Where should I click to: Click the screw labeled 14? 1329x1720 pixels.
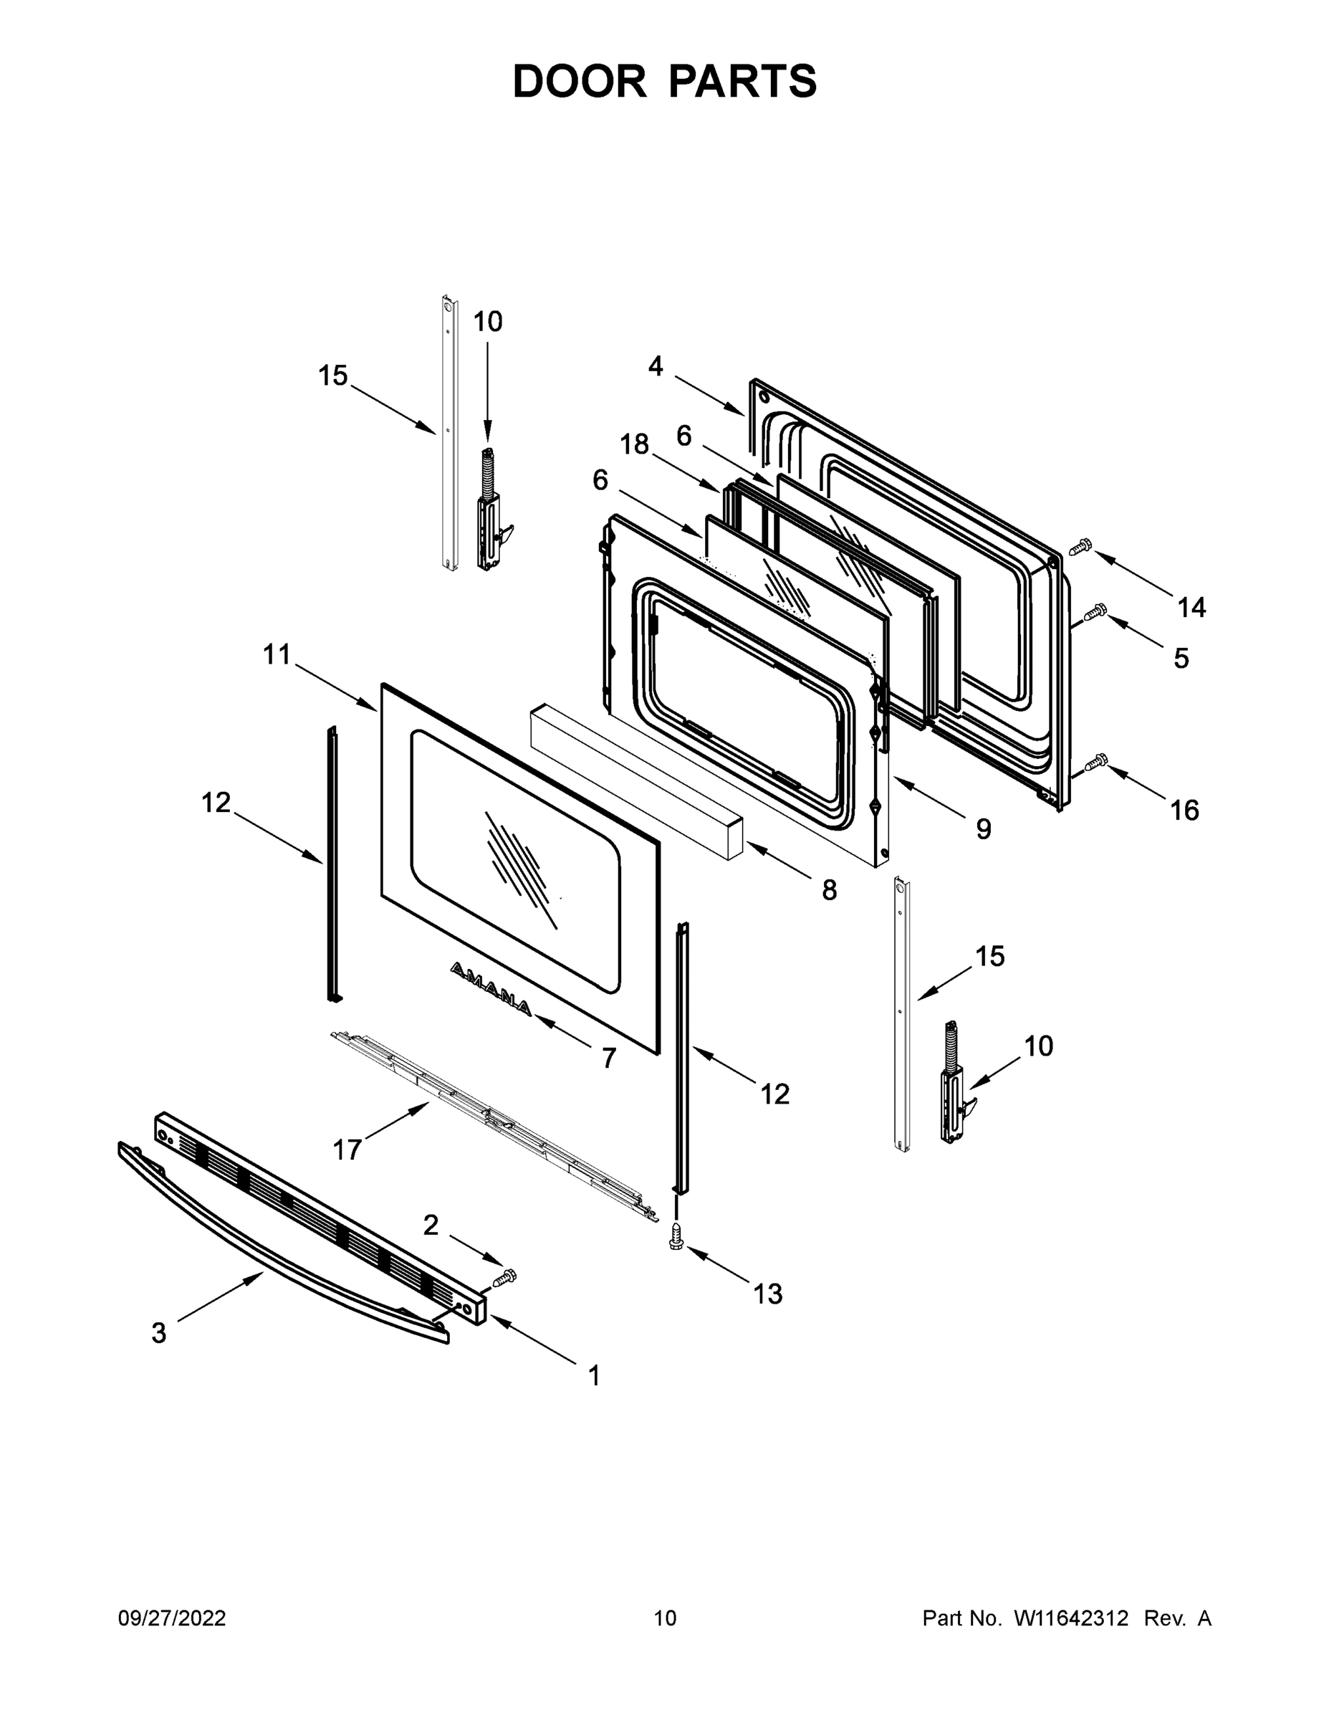[x=1081, y=545]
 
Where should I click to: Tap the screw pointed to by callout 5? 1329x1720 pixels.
[x=1095, y=611]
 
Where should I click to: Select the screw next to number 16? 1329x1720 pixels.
[x=1095, y=762]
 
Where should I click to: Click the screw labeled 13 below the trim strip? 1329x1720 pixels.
[x=676, y=1236]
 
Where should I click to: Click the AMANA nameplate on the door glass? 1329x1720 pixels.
[x=491, y=988]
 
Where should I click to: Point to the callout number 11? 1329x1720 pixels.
[x=277, y=654]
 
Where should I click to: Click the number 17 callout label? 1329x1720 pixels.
[x=347, y=1150]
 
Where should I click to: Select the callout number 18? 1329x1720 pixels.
[x=634, y=445]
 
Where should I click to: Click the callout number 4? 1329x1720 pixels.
[x=655, y=366]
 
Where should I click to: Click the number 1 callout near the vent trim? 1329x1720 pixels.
[x=595, y=1375]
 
